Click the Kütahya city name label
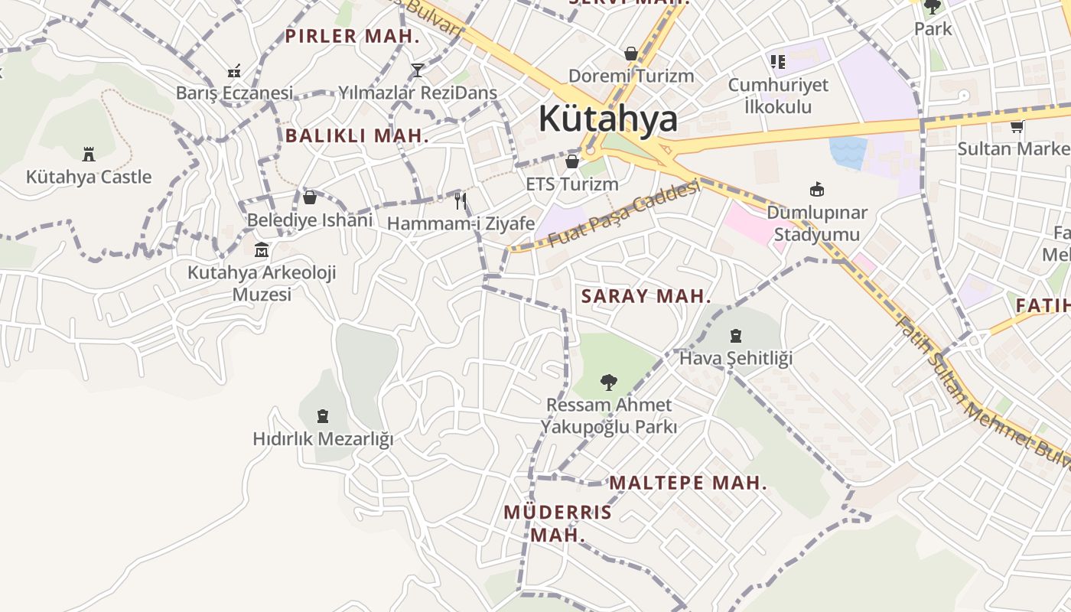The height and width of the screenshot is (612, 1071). point(607,119)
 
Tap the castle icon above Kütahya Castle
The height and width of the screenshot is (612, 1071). point(89,154)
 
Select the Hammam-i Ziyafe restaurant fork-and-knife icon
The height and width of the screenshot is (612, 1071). point(461,201)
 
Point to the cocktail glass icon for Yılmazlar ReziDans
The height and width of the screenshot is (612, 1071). point(417,70)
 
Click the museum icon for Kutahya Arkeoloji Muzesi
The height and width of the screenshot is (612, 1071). point(262,249)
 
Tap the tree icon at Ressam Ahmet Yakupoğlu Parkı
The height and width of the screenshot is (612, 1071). point(609,382)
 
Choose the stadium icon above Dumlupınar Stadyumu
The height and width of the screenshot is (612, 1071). point(817,189)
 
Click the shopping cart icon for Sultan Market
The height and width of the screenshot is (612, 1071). point(1017,126)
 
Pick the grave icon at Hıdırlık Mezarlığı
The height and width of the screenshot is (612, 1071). point(323,416)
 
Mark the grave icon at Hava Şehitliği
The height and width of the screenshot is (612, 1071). point(736,335)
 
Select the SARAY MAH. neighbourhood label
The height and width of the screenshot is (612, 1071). point(646,296)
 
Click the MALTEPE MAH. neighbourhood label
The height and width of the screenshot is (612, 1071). point(688,483)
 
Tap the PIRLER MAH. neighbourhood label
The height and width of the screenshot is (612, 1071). point(352,36)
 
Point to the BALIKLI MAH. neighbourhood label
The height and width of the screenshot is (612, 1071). point(356,136)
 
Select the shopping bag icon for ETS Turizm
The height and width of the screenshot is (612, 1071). point(571,161)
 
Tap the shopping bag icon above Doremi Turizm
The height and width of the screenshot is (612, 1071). point(631,54)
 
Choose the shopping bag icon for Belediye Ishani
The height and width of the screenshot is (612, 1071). point(310,197)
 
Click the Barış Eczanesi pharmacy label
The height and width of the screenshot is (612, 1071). point(234,93)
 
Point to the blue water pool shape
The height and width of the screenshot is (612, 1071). point(848,152)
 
